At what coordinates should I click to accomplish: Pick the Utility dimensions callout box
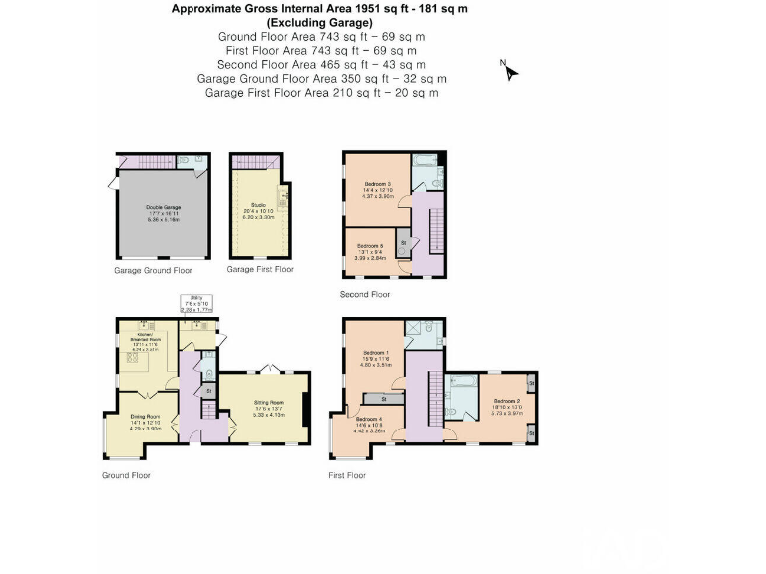pos(197,304)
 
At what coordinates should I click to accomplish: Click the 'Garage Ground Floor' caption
pos(153,270)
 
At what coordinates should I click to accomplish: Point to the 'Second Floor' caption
pos(366,294)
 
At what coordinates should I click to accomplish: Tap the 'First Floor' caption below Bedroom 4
pos(347,475)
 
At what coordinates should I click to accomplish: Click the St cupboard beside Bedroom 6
pos(404,242)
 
